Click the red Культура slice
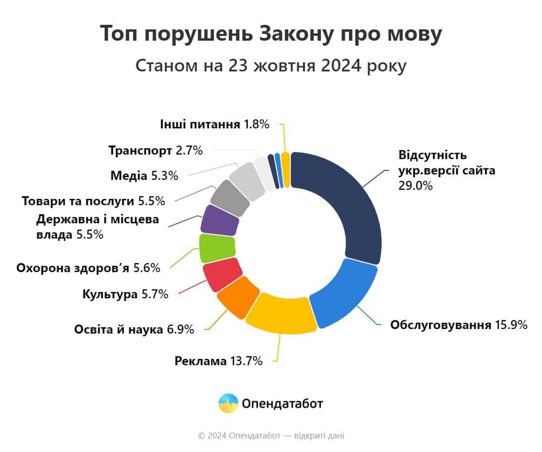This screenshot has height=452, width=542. [222, 274]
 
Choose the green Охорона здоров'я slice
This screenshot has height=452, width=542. [217, 248]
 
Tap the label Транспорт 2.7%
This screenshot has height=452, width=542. [155, 150]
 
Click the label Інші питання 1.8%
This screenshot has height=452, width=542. [214, 124]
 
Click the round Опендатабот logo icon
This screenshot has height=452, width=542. [228, 404]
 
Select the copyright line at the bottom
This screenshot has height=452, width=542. [271, 436]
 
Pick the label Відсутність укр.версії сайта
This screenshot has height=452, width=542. [447, 163]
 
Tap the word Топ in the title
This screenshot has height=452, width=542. [119, 34]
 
